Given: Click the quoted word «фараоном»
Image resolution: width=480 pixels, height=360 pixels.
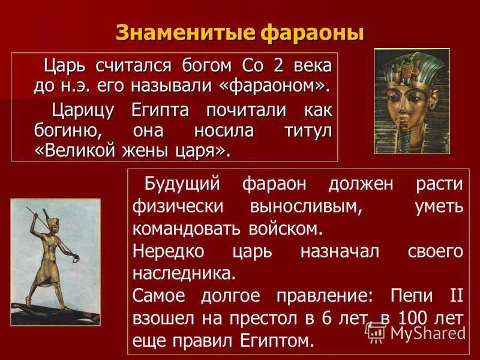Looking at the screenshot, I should coord(275,86).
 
